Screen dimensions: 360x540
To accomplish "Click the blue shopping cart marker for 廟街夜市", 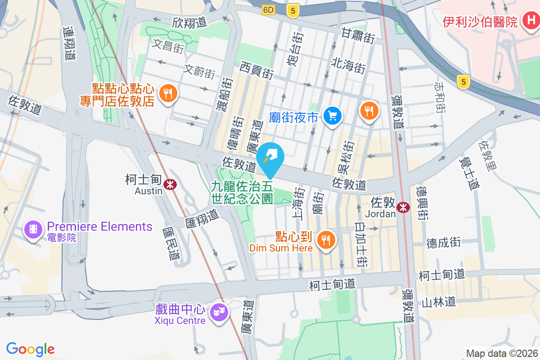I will point(333,117).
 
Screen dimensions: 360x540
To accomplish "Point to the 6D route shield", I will point(268,10).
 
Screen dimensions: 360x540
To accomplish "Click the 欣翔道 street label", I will point(189,22).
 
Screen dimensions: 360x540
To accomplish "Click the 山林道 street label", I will point(438,302).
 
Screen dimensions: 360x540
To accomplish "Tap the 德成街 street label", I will point(444,243).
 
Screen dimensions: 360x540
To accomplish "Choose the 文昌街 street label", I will point(168,45).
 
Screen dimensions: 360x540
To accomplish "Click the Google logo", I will point(31,349).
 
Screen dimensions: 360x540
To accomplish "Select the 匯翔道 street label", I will point(202,216).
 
